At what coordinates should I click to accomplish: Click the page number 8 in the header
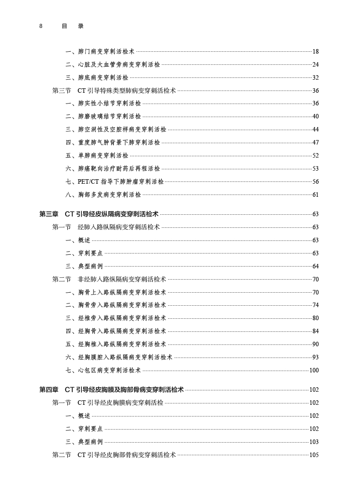[x=41, y=26]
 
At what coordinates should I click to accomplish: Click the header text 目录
[x=72, y=26]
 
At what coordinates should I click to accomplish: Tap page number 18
[x=315, y=52]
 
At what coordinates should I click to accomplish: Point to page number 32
[x=315, y=78]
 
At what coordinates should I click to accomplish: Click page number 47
[x=315, y=143]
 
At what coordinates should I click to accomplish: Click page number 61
[x=315, y=195]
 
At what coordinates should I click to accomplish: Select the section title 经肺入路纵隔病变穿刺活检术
[x=119, y=227]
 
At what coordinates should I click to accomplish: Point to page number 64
[x=315, y=267]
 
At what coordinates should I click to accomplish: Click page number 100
[x=314, y=371]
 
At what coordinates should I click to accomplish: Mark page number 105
[x=314, y=455]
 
